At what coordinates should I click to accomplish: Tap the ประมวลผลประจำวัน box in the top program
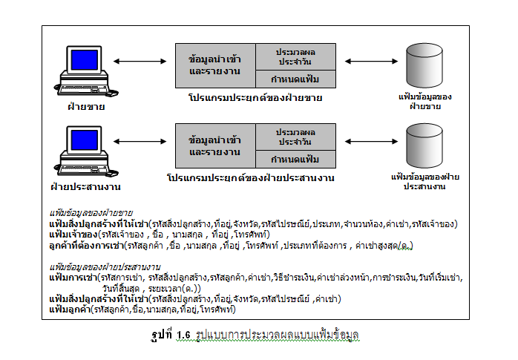(x=294, y=57)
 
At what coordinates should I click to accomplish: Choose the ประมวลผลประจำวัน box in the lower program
(x=294, y=137)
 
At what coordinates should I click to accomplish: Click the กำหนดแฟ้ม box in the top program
(x=294, y=80)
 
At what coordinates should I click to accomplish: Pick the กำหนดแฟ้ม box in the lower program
(x=294, y=160)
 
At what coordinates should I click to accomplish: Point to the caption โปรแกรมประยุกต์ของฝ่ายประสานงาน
(x=251, y=179)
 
